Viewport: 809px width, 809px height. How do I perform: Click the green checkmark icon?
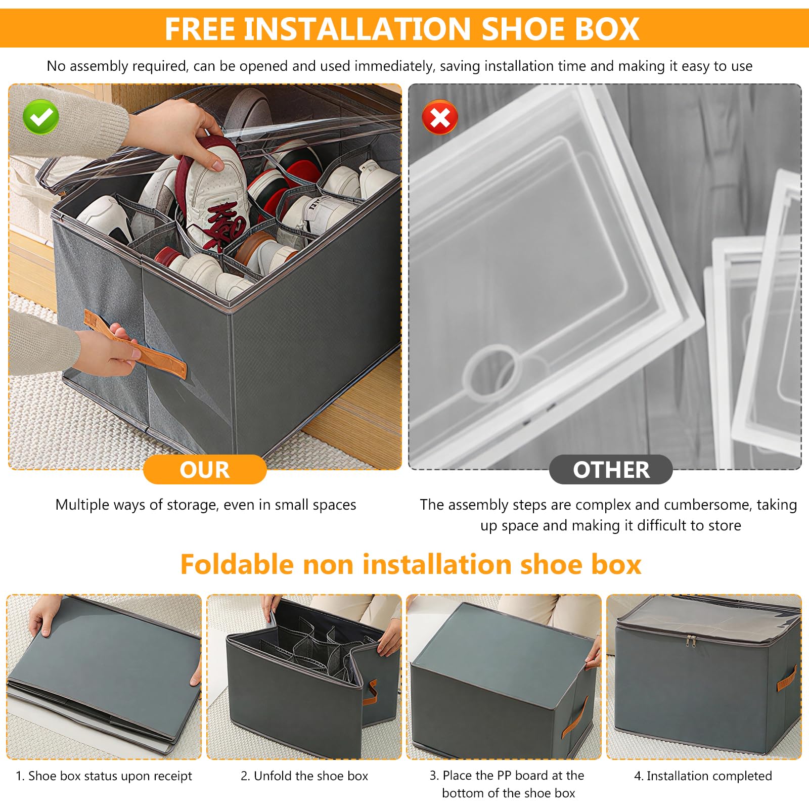point(41,117)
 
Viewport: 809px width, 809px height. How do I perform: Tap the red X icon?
point(440,117)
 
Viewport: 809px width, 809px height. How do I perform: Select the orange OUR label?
point(205,470)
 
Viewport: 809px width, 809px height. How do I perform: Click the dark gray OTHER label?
point(611,470)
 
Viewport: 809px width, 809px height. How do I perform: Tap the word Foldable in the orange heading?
point(237,564)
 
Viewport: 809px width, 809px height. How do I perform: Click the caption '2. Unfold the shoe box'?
point(304,776)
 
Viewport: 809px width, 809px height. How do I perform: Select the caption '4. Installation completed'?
point(703,776)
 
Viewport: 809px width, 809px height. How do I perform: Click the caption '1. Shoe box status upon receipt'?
point(104,777)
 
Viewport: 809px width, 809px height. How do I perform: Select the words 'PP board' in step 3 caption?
point(523,776)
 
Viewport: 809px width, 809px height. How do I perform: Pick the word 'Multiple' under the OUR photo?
point(82,505)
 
